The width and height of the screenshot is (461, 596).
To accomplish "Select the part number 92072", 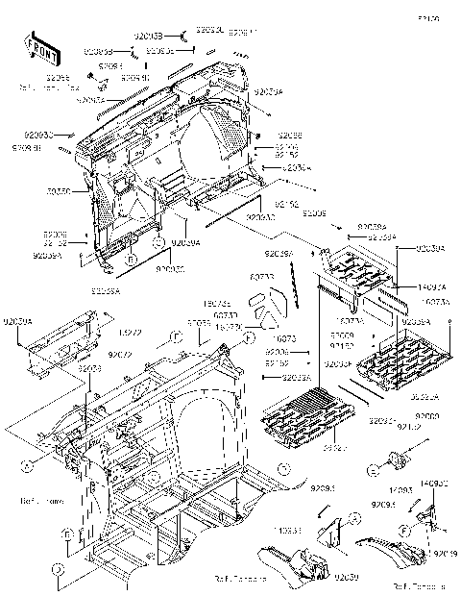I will (119, 355).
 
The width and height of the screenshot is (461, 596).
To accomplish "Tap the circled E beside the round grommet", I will (374, 469).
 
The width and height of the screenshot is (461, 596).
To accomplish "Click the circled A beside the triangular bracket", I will (354, 516).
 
